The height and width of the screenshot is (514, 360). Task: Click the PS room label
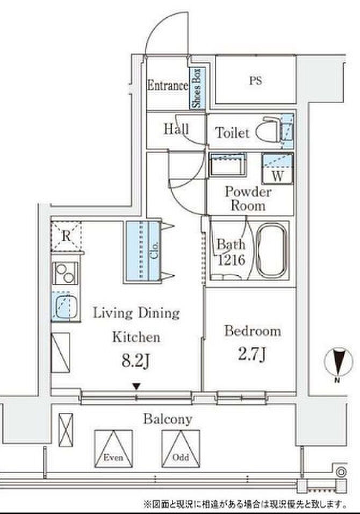(x=256, y=81)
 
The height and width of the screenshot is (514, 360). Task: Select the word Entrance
(x=168, y=85)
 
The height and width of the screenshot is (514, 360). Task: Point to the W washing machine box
(x=277, y=169)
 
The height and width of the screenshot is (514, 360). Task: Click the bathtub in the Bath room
(x=271, y=251)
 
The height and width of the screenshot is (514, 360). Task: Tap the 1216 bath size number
(x=231, y=260)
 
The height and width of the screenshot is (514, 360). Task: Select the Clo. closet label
(x=155, y=250)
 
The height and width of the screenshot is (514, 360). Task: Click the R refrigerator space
(x=66, y=235)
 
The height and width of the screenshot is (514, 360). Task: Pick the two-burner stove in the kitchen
(x=66, y=273)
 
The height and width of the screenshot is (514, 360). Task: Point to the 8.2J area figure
(x=136, y=361)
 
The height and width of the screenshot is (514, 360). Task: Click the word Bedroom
(x=253, y=331)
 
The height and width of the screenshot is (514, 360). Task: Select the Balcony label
(x=168, y=419)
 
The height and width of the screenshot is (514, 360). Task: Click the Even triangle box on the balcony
(x=114, y=448)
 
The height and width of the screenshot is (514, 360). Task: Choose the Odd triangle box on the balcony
(x=181, y=448)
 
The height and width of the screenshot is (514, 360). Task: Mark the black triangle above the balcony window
(x=136, y=387)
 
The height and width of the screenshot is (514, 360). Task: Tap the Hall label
(x=176, y=129)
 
